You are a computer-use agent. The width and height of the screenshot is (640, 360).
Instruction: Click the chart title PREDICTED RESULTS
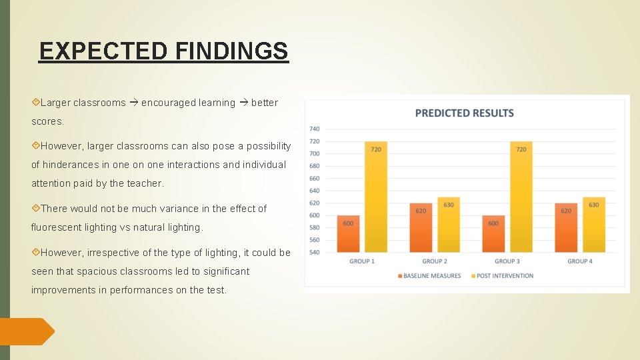click(x=464, y=113)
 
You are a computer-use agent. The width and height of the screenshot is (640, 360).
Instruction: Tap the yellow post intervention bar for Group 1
click(x=376, y=197)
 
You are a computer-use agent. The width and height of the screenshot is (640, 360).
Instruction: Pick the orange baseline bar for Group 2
click(x=421, y=228)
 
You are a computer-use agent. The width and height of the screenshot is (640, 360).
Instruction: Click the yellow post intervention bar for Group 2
click(x=449, y=225)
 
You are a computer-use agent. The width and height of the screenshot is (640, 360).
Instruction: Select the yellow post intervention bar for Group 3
click(x=521, y=197)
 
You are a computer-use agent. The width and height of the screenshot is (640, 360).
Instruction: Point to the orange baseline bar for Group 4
click(x=565, y=228)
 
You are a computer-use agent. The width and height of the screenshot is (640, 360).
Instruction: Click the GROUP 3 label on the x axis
click(x=507, y=261)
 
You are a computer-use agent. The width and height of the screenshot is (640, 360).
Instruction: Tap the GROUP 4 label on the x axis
click(x=579, y=261)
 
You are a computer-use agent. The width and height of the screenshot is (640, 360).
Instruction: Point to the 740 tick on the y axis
click(x=314, y=129)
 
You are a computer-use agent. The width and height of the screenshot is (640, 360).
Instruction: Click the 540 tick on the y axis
click(x=314, y=252)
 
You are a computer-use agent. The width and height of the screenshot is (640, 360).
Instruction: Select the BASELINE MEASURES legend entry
click(x=431, y=276)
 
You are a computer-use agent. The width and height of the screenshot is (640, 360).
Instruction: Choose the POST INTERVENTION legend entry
click(x=505, y=276)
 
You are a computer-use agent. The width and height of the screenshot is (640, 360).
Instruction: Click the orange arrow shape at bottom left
click(x=27, y=331)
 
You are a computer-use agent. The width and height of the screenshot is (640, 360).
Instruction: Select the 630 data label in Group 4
click(x=593, y=205)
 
